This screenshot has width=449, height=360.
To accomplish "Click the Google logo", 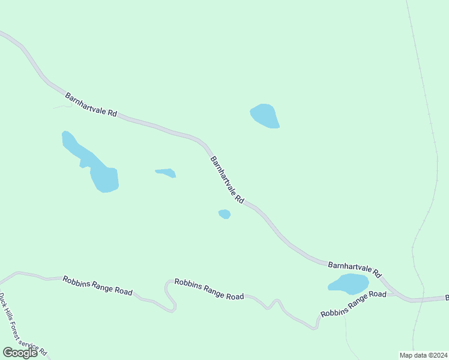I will (x=20, y=352).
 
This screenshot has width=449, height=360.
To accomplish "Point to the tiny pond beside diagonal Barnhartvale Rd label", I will (x=224, y=214).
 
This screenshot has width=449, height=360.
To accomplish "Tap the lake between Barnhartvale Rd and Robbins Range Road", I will (x=349, y=283).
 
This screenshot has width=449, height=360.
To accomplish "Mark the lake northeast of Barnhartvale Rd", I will (x=265, y=115).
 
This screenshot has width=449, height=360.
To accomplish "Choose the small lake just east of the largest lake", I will (x=166, y=173).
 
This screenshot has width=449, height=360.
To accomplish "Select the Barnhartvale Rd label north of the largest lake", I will (x=91, y=104).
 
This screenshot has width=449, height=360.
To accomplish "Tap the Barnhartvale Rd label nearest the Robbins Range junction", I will (x=355, y=268).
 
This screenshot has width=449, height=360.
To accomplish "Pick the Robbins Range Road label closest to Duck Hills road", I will (x=97, y=286).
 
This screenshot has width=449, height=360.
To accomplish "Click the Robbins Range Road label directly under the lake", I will (x=354, y=304).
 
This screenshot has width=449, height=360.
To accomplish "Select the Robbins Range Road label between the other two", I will (x=209, y=289).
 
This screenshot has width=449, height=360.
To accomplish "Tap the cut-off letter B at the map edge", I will (x=447, y=298).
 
